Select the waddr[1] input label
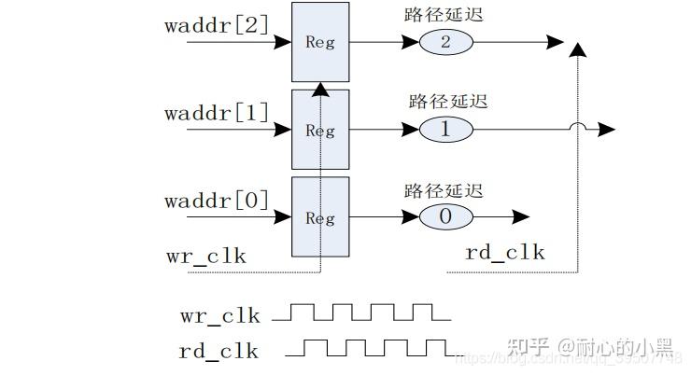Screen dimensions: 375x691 pos(217,113)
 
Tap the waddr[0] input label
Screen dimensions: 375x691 pos(217,201)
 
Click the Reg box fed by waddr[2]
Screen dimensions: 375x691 pos(320,42)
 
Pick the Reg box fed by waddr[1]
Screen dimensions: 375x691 pos(320,131)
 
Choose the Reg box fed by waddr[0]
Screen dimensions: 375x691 pos(320,217)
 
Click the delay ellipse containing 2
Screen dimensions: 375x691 pos(445,42)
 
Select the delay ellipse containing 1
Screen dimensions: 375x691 pos(445,130)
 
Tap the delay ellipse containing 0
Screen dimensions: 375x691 pos(445,217)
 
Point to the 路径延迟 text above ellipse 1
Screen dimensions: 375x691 pos(448,102)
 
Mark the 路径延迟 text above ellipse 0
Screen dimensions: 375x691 pos(444,190)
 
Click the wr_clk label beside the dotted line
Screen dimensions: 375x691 pos(205,255)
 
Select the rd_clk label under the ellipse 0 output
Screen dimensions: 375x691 pos(504,253)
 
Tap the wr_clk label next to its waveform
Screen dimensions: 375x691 pos(219,315)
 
